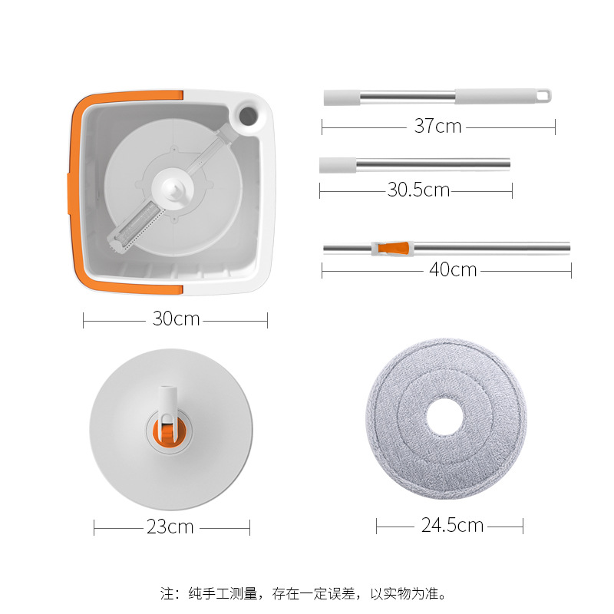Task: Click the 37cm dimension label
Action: tap(437, 126)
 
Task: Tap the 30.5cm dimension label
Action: tap(418, 190)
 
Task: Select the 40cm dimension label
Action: tap(453, 269)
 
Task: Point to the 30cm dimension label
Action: tap(176, 318)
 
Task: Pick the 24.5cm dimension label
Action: tap(452, 525)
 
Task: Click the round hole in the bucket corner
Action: tap(249, 115)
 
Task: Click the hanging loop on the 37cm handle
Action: tap(544, 96)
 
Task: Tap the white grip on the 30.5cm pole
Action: tap(338, 164)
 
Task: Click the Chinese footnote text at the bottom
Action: tap(303, 593)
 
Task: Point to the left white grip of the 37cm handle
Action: tap(337, 97)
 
